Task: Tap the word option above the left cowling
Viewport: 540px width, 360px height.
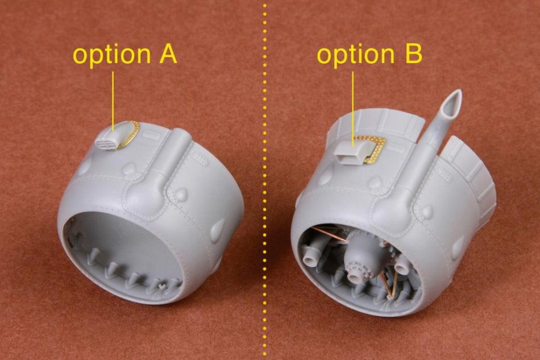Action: [112, 56]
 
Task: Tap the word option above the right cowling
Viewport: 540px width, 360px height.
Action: [355, 56]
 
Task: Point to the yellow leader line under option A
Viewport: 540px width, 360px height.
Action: [113, 101]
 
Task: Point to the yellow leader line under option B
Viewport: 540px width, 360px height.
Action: [352, 109]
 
